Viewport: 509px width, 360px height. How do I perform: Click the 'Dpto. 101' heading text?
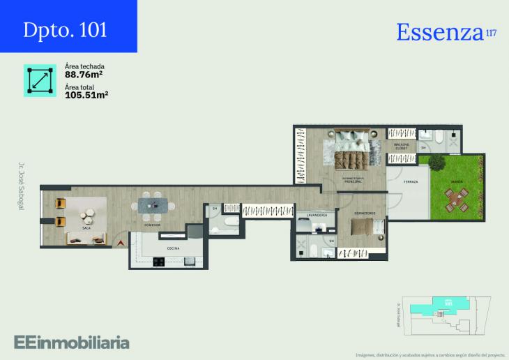(x=65, y=30)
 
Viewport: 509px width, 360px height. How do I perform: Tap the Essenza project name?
(x=440, y=32)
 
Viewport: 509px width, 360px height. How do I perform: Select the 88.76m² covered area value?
(x=84, y=75)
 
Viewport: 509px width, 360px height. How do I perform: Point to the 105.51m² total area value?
(x=86, y=94)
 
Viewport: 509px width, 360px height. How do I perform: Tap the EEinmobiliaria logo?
(x=72, y=342)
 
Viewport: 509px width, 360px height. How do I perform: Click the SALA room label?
(x=86, y=228)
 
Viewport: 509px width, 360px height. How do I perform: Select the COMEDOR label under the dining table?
(x=152, y=225)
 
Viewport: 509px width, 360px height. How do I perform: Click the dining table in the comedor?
(x=153, y=204)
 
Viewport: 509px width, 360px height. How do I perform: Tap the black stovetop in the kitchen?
(x=158, y=262)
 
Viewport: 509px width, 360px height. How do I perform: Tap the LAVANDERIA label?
(x=317, y=216)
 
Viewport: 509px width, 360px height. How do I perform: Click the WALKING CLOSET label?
(x=402, y=147)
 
